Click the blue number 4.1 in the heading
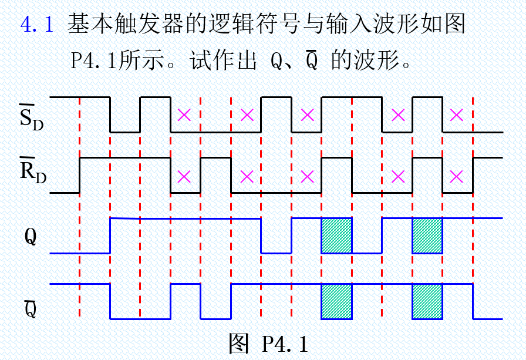(37, 25)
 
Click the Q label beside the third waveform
(31, 236)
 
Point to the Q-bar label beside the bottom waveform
(31, 307)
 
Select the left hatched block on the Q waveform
(336, 235)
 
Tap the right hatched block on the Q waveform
(427, 235)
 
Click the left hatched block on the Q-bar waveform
(336, 301)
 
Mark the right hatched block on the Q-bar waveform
(427, 301)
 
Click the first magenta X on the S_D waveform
(184, 115)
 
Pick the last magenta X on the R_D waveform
(457, 176)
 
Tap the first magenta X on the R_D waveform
(184, 176)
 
